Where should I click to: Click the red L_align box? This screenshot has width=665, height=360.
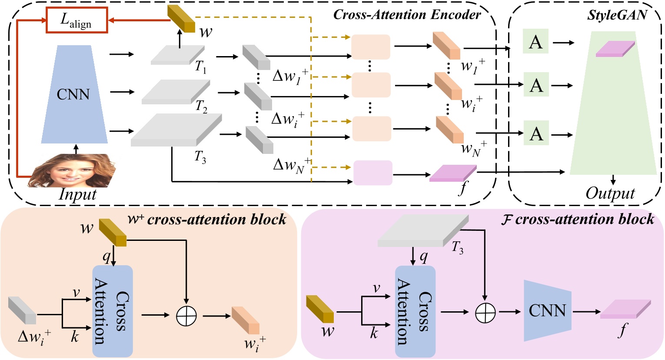pyautogui.click(x=76, y=20)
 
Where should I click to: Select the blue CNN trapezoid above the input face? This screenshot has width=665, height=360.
pyautogui.click(x=74, y=94)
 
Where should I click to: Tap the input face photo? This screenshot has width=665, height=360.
pyautogui.click(x=73, y=171)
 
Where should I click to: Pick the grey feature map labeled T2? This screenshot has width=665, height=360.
pyautogui.click(x=175, y=92)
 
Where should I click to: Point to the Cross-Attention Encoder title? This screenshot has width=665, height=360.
pyautogui.click(x=407, y=14)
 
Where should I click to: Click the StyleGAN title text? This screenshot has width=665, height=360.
pyautogui.click(x=617, y=15)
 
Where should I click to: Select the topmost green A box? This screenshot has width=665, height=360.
pyautogui.click(x=535, y=42)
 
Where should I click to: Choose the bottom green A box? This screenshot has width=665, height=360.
pyautogui.click(x=536, y=133)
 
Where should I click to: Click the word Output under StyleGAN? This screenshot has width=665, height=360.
pyautogui.click(x=610, y=193)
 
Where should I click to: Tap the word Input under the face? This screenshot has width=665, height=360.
pyautogui.click(x=77, y=194)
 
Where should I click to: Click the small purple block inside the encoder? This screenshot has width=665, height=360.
pyautogui.click(x=373, y=173)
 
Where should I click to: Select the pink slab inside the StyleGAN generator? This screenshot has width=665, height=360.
pyautogui.click(x=615, y=49)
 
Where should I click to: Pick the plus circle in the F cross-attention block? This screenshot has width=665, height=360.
pyautogui.click(x=485, y=312)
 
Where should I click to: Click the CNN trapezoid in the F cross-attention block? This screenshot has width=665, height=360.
pyautogui.click(x=547, y=310)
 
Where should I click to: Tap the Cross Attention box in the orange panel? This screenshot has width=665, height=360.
pyautogui.click(x=112, y=311)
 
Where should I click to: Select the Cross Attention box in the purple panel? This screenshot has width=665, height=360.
pyautogui.click(x=415, y=311)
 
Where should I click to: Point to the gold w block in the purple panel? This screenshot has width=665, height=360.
pyautogui.click(x=320, y=309)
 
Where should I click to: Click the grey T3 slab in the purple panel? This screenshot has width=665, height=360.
pyautogui.click(x=422, y=231)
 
